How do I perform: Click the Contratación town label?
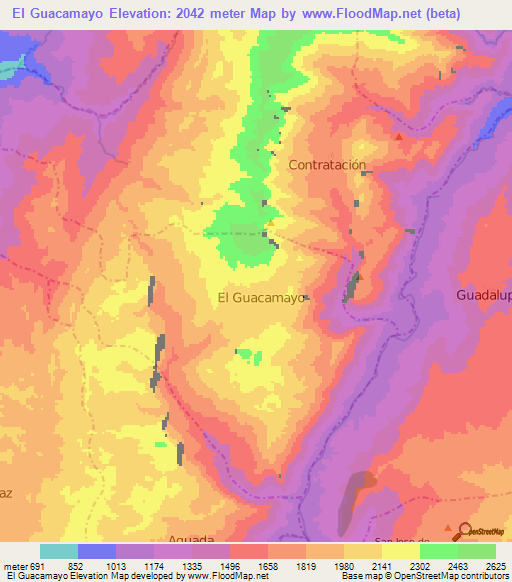point(327,164)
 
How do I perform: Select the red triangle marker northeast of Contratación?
point(399,136)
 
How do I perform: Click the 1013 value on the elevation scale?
point(127,564)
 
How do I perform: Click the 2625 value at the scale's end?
point(496,564)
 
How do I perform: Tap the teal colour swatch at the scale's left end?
point(59,551)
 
